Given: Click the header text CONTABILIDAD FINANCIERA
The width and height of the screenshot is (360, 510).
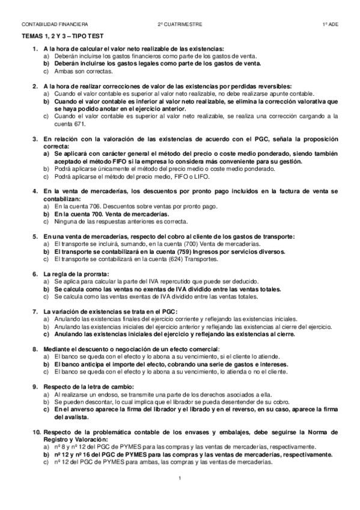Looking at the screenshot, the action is click(x=55, y=25).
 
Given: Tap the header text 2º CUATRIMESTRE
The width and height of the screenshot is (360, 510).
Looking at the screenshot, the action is click(x=180, y=25).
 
